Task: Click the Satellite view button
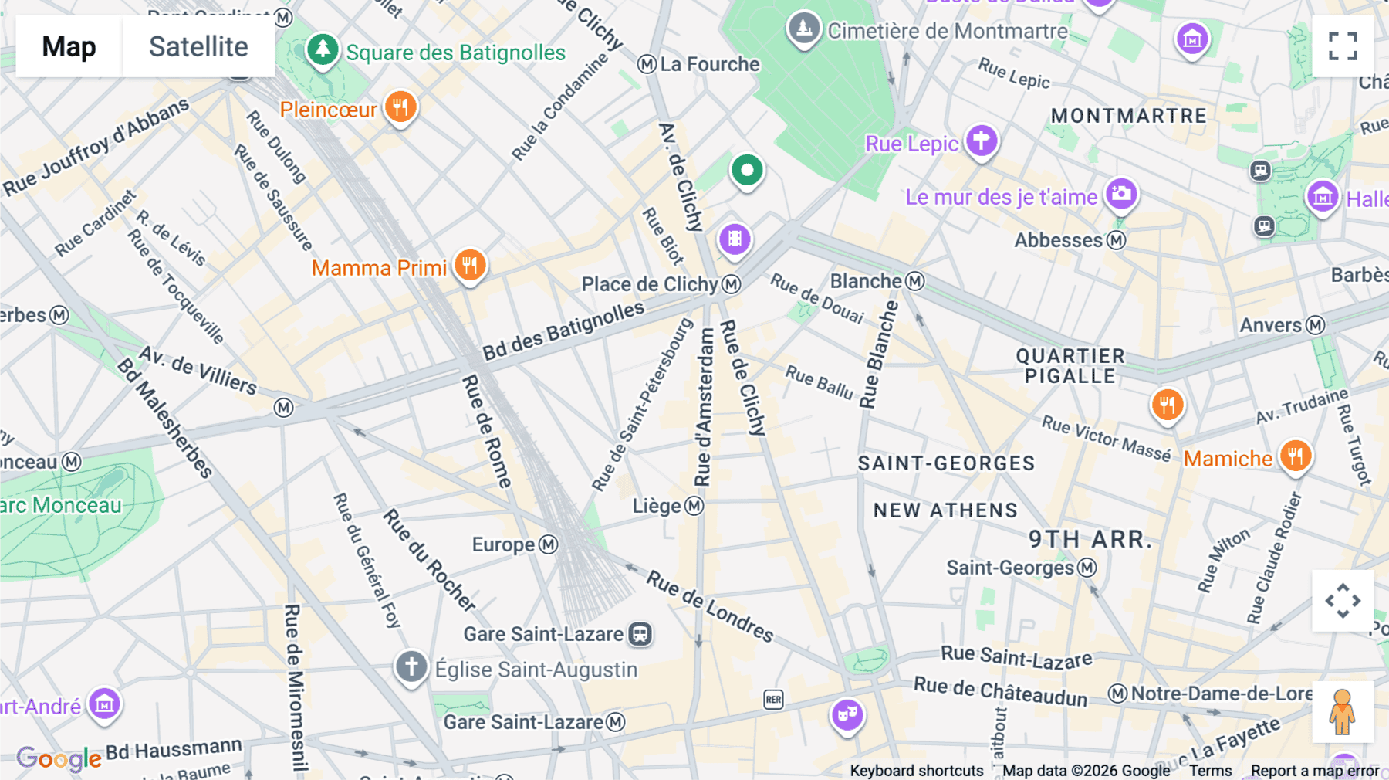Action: [198, 46]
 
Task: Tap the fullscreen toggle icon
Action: [1343, 46]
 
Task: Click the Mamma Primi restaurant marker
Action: [469, 265]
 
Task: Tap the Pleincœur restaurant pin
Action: [400, 107]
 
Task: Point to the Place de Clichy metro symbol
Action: [731, 284]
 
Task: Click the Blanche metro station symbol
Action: [915, 281]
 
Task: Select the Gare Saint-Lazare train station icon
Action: [640, 634]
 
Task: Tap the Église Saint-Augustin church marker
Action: [411, 666]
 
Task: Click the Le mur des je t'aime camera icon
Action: [1120, 194]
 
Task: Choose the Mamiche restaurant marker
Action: [1295, 456]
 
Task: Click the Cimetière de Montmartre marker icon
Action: [803, 29]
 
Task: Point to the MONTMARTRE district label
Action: [1128, 116]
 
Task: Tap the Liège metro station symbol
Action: [694, 506]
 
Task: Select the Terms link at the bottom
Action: [1209, 770]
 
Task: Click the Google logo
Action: [59, 758]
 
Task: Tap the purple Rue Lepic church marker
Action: [981, 141]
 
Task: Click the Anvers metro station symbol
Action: [1315, 325]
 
